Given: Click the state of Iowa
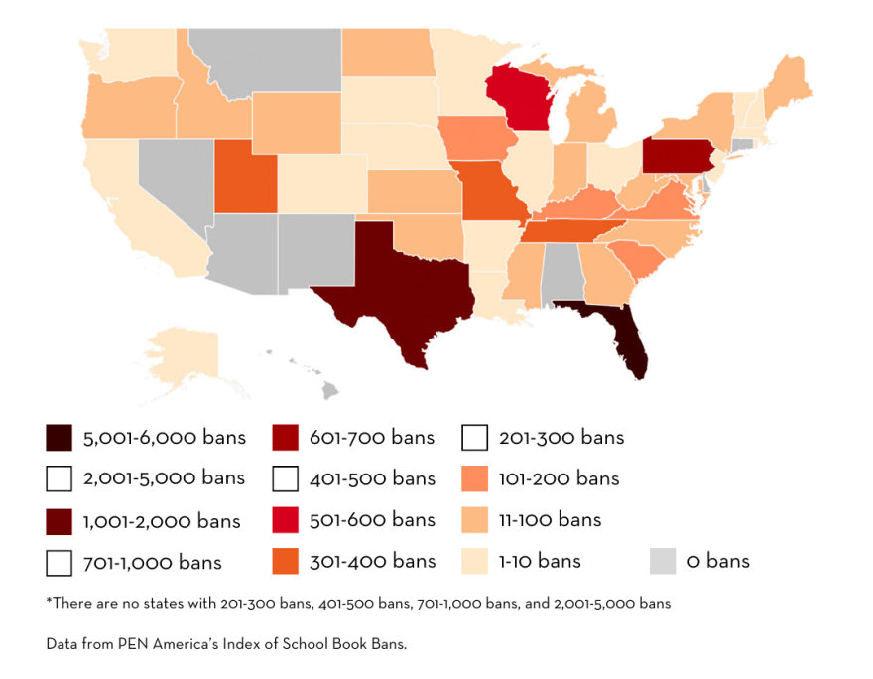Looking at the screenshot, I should [470, 140].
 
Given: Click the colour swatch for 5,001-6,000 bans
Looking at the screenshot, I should [59, 438].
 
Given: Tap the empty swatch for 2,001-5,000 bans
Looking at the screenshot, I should [59, 478].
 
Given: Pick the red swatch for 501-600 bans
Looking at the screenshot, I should [285, 520].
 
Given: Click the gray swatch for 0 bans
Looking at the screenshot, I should [663, 561].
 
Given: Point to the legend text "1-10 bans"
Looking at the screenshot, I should [541, 561].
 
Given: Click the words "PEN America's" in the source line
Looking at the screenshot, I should [165, 644].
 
